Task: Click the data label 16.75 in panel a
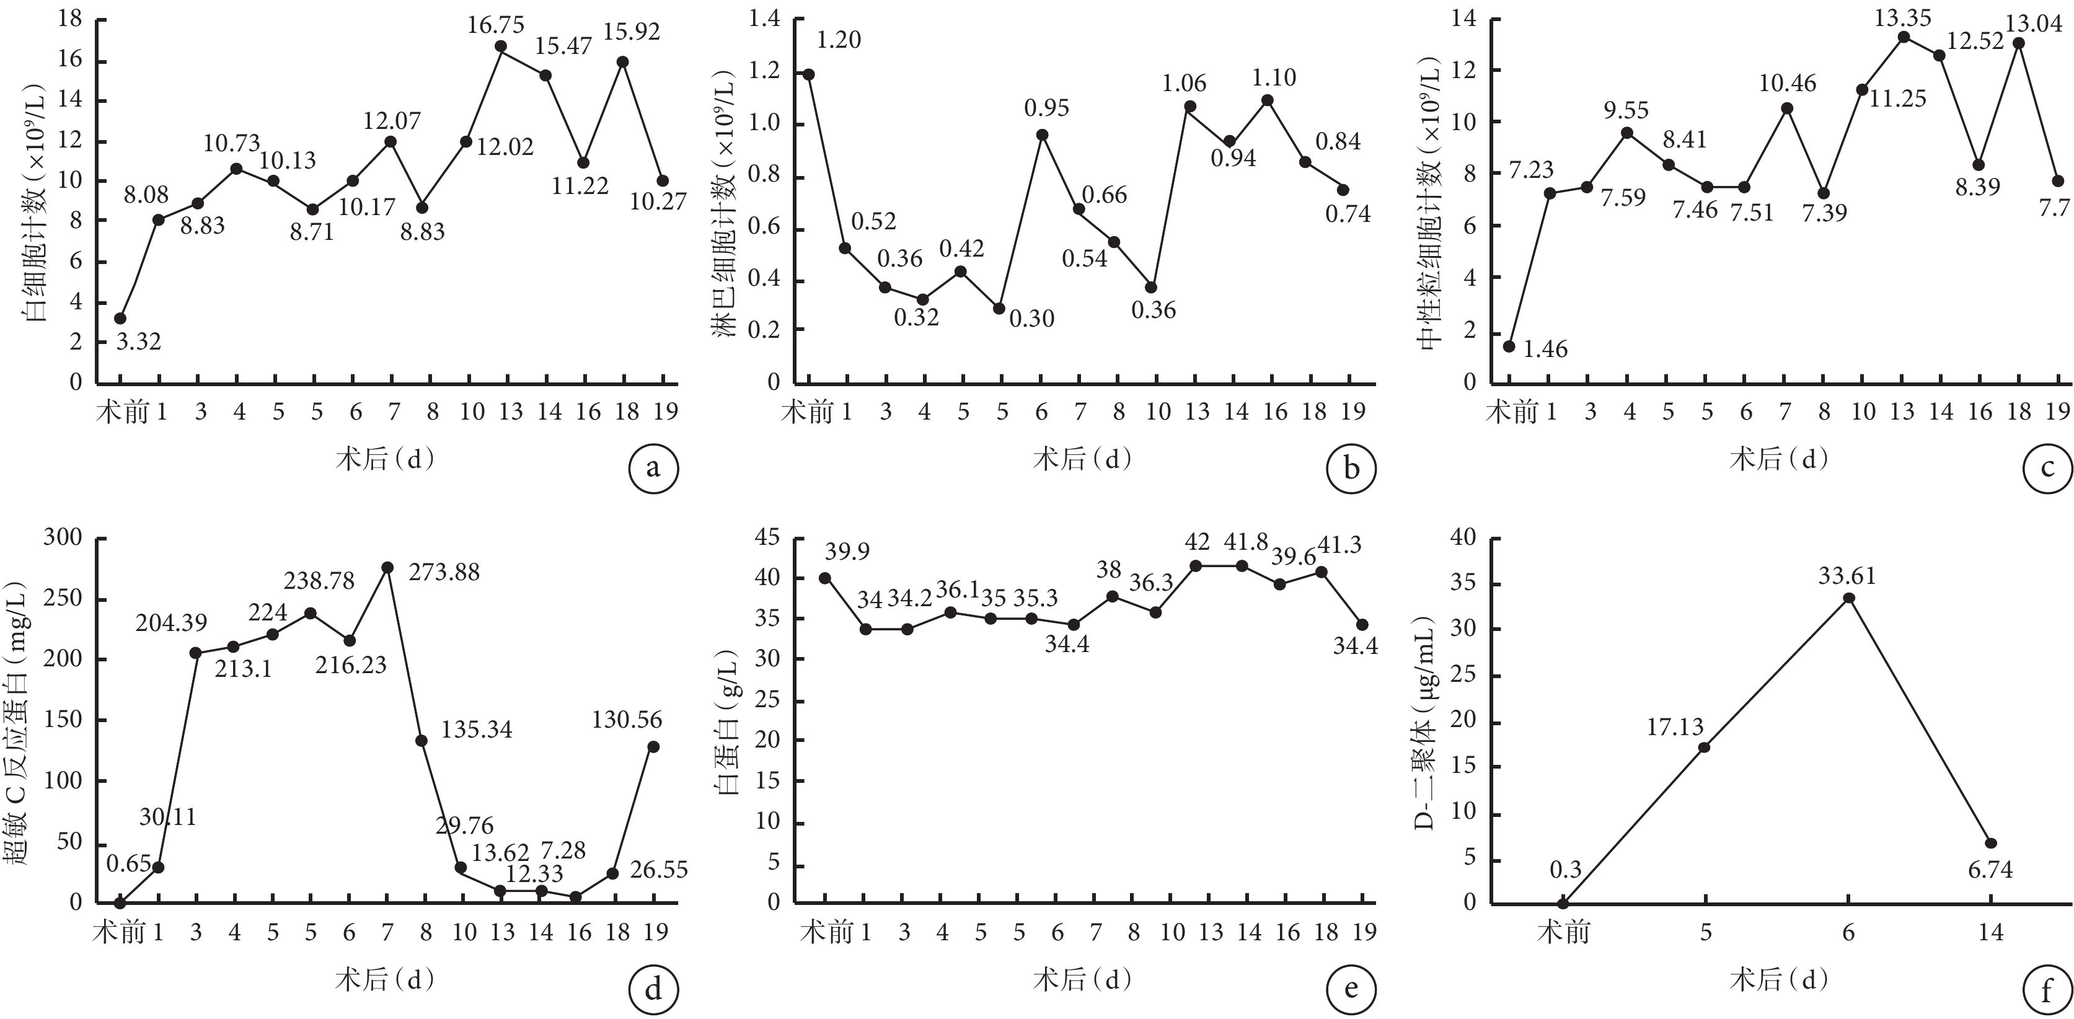pos(495,25)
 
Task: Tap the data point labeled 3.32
pos(120,319)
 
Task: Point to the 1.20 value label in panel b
pos(839,40)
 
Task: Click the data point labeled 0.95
pos(1042,135)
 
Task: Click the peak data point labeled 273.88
pos(387,567)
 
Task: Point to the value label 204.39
pos(170,622)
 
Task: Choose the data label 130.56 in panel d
pos(627,720)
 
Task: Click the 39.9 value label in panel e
pos(847,552)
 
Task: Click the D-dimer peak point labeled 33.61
pos(1848,598)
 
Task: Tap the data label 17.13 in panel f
pos(1675,728)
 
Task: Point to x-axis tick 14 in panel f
pos(1990,932)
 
